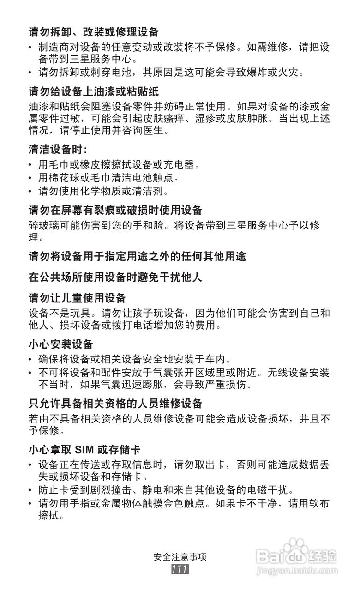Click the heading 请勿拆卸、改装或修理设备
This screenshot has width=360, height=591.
pos(93,32)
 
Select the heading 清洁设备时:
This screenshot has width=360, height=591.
pos(58,150)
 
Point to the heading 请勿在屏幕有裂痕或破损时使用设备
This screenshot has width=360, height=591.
pos(115,211)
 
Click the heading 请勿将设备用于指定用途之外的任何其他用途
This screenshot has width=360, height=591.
pos(137,257)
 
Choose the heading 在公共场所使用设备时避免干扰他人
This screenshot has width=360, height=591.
pos(115,277)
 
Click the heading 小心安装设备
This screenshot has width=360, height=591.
pos(61,344)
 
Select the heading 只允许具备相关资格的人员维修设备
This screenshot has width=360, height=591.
pos(115,404)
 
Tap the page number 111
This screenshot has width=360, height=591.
pos(179,569)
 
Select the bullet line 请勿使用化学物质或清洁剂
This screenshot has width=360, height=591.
pos(103,191)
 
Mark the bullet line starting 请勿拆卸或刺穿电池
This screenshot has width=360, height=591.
pos(171,72)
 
